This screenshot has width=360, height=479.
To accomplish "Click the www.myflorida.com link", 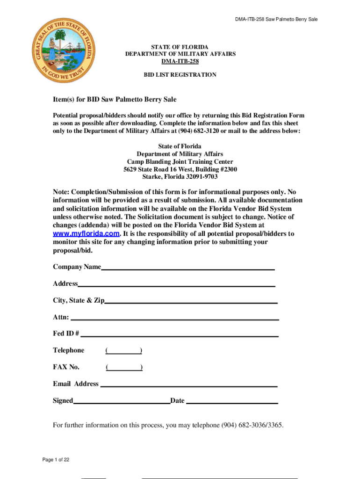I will (86, 233).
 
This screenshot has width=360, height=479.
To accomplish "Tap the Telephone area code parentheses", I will (124, 351).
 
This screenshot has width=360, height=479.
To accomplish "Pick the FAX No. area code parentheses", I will (124, 367).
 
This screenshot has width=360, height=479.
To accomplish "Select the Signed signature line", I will (122, 402).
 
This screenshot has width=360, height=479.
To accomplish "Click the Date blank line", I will (232, 402).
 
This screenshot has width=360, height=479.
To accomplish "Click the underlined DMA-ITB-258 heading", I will (180, 61).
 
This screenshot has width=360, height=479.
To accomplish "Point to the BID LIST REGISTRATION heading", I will (180, 75).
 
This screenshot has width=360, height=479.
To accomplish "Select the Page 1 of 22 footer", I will (56, 460).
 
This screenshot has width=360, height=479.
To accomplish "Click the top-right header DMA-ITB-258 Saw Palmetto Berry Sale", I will (270, 20).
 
